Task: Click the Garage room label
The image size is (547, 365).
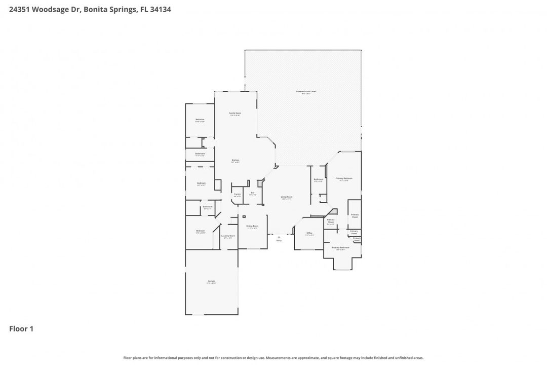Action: [x=211, y=281]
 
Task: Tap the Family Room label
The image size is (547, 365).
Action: [x=235, y=113]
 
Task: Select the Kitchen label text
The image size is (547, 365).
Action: [x=235, y=160]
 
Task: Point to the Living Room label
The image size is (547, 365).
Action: [x=287, y=197]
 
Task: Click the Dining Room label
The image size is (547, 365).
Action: [x=252, y=226]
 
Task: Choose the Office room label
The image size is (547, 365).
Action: [x=309, y=233]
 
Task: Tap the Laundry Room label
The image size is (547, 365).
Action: [x=228, y=236]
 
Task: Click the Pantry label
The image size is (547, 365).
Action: [x=237, y=194]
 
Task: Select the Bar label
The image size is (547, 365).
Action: [x=252, y=193]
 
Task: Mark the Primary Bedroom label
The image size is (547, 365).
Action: [x=344, y=178]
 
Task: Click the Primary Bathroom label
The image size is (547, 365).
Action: [x=341, y=247]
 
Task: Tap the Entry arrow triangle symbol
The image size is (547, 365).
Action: [x=279, y=237]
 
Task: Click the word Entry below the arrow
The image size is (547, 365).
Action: [x=279, y=240]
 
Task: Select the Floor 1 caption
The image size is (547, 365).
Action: [x=21, y=329]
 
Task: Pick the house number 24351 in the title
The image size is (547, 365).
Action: [x=20, y=9]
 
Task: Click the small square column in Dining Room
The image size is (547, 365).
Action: [x=244, y=216]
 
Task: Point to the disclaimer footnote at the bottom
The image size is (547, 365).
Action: [x=273, y=358]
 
